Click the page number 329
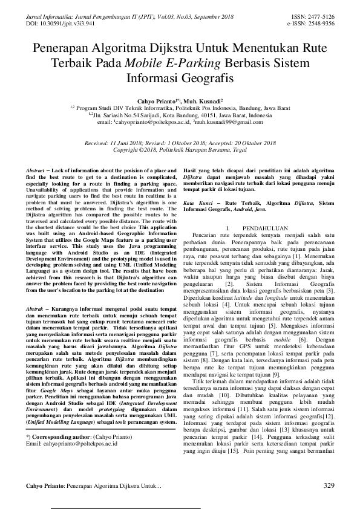click(x=329, y=485)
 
